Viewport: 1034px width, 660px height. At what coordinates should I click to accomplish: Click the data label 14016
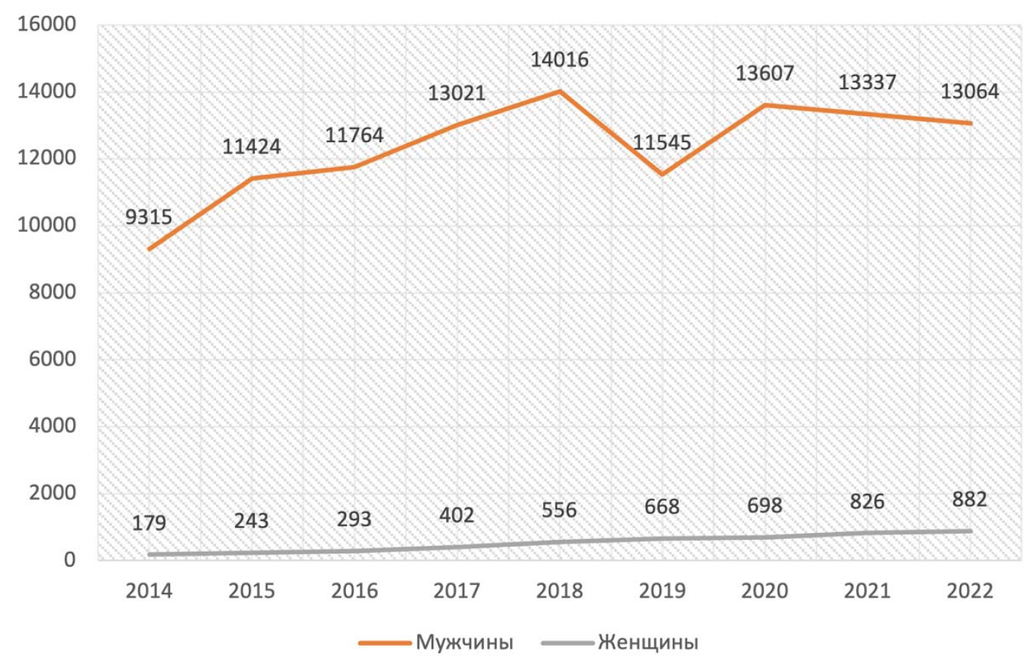[559, 60]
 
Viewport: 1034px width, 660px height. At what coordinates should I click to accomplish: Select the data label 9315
[149, 217]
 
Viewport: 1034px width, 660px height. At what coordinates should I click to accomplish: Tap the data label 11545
[662, 143]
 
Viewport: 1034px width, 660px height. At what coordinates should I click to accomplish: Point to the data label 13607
[764, 73]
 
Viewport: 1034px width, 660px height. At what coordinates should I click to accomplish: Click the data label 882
[969, 500]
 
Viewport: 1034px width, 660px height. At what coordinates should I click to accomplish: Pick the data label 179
[149, 523]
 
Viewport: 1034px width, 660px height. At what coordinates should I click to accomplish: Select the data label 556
[559, 510]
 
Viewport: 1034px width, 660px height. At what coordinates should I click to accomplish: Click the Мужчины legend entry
[436, 643]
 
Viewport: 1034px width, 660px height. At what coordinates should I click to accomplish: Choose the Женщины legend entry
[620, 643]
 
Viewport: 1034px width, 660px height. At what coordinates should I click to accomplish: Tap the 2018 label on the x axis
[559, 591]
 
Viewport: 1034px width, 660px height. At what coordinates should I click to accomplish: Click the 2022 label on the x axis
[969, 591]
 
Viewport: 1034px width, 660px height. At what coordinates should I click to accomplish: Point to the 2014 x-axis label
[149, 591]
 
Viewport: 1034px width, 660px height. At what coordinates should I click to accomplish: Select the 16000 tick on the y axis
[46, 24]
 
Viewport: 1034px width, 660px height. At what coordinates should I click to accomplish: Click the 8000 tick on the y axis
[52, 292]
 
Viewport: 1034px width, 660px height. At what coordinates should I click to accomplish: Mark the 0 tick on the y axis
[70, 559]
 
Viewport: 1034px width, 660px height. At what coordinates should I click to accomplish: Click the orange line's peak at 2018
[559, 91]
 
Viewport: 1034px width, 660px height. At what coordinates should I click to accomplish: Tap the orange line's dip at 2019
[662, 174]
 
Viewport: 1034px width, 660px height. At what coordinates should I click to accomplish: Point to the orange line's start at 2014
[149, 249]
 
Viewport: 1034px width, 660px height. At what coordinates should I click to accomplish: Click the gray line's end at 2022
[971, 531]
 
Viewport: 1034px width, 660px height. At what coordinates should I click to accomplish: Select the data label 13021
[457, 94]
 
